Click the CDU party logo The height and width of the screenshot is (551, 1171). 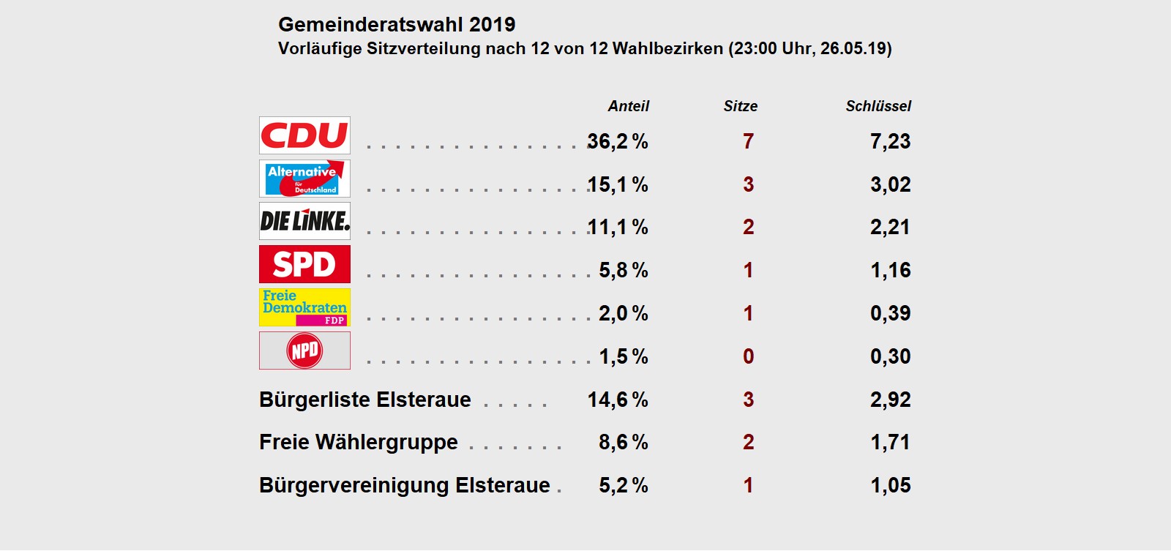pos(304,135)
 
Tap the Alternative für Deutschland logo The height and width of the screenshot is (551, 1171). pos(304,179)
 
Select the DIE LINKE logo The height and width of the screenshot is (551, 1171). pos(304,221)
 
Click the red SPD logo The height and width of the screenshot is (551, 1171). pos(304,264)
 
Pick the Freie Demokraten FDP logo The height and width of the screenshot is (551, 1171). pos(304,307)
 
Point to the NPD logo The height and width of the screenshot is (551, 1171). pos(304,351)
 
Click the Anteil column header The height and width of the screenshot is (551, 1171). pos(628,106)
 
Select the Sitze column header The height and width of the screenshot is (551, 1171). pos(740,106)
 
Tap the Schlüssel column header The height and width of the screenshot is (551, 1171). pos(878,106)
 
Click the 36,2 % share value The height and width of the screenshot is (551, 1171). pos(618,141)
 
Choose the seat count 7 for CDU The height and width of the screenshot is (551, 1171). pos(748,141)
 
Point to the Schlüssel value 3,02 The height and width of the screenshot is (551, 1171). pos(890,184)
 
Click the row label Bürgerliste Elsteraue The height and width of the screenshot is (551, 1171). pos(365,400)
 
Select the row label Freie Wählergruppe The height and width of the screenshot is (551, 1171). pos(359,442)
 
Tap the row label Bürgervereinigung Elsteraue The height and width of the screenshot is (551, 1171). pos(404,485)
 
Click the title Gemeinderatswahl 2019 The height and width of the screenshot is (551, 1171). pos(397,24)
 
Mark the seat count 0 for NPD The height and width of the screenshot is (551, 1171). pos(748,356)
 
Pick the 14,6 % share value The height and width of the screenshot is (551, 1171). pos(618,400)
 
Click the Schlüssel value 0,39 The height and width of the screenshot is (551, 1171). pos(890,313)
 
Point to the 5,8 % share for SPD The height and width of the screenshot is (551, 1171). pos(624,270)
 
